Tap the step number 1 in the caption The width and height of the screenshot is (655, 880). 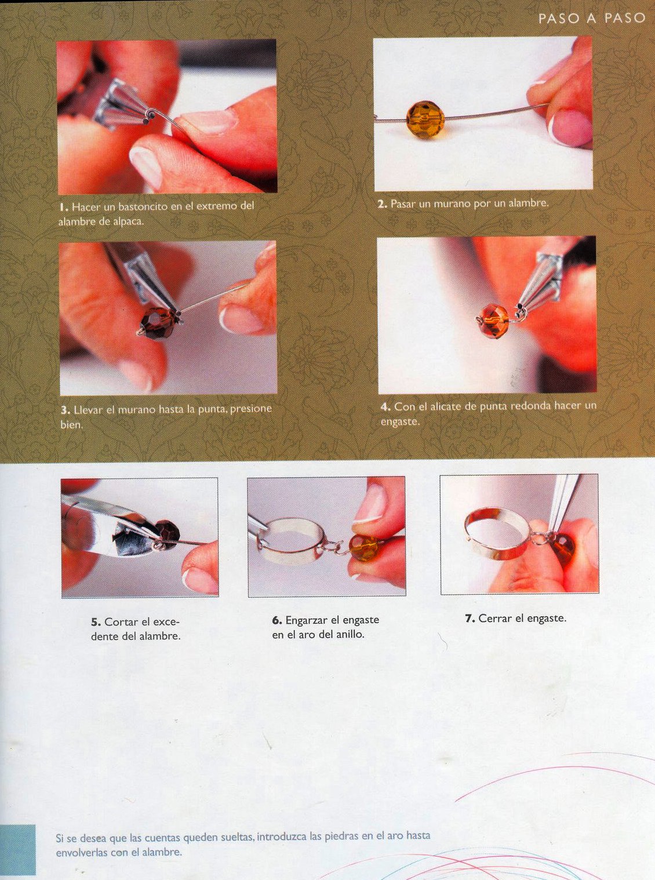tap(62, 207)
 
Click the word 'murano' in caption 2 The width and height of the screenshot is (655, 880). tap(450, 204)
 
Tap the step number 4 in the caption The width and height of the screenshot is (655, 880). tap(384, 407)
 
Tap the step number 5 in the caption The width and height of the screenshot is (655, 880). tap(95, 621)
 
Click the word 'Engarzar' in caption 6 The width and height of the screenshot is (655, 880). tap(307, 620)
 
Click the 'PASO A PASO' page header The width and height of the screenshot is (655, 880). tap(591, 19)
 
